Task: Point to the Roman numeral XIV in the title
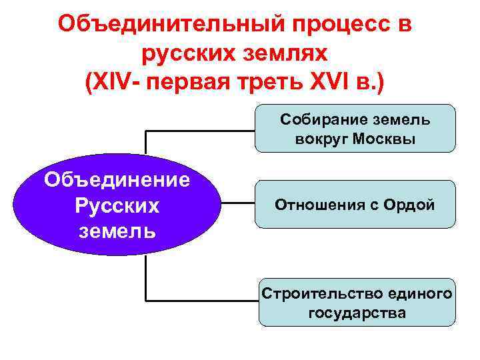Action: tap(109, 83)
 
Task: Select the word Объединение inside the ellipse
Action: tap(117, 179)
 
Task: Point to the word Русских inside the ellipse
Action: tap(117, 205)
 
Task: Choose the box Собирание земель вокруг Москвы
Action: tap(355, 129)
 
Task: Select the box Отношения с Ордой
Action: tap(355, 205)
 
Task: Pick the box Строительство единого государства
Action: tap(357, 302)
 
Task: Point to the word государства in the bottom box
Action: tap(357, 312)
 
